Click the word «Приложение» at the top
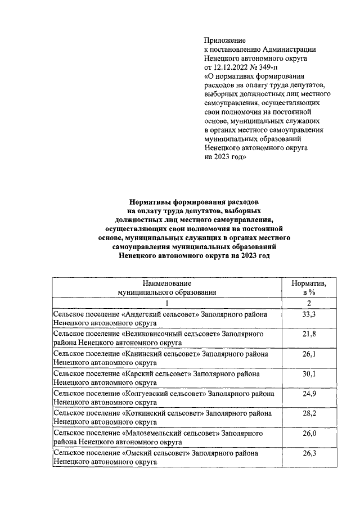click(x=225, y=40)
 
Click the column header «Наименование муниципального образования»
click(x=167, y=287)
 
